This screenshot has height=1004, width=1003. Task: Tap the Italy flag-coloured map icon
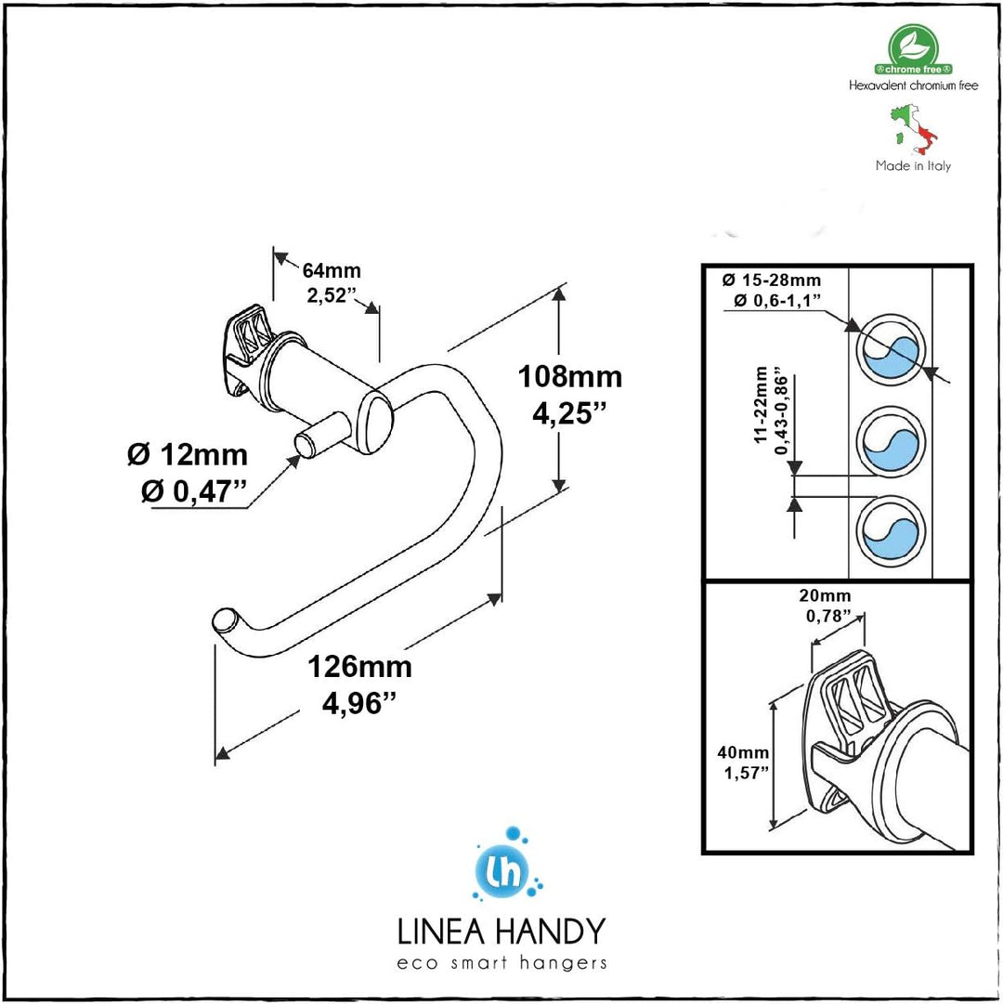tap(914, 129)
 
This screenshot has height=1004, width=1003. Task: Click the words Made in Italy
tap(913, 166)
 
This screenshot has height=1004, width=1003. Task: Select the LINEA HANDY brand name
tap(501, 931)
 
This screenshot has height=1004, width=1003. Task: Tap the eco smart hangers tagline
tap(501, 963)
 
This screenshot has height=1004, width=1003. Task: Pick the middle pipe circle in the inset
tap(890, 439)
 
